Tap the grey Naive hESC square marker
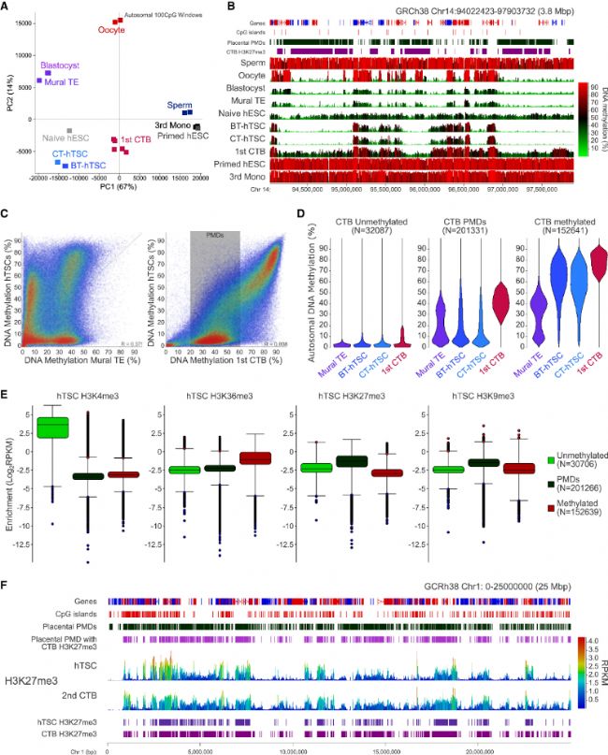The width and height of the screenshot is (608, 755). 69,130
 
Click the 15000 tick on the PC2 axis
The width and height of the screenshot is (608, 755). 24,22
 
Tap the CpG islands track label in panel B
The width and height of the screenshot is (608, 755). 246,30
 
